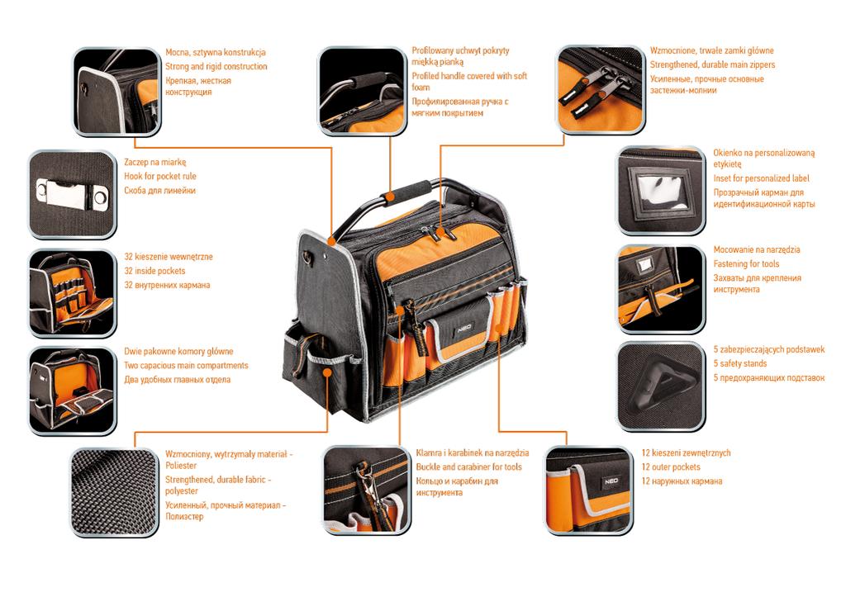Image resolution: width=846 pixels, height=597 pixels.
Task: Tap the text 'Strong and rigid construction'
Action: pyautogui.click(x=216, y=66)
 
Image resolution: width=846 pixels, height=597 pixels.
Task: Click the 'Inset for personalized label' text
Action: pyautogui.click(x=761, y=178)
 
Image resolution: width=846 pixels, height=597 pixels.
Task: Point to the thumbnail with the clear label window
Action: pyautogui.click(x=660, y=192)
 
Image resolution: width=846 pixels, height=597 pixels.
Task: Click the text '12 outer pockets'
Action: pyautogui.click(x=670, y=467)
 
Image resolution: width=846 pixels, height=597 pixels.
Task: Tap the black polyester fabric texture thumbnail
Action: pyautogui.click(x=114, y=490)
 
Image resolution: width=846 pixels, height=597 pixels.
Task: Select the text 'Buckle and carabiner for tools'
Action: pyautogui.click(x=468, y=467)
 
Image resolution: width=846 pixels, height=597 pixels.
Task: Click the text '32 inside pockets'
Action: pyautogui.click(x=154, y=271)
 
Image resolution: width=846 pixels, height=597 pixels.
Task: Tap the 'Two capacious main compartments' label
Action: pyautogui.click(x=186, y=366)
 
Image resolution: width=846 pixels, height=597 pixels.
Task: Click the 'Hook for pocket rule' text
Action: pyautogui.click(x=160, y=176)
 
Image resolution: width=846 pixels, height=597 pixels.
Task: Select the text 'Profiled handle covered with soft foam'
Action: pyautogui.click(x=468, y=81)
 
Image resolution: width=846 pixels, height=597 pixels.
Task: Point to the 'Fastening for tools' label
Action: pyautogui.click(x=746, y=263)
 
